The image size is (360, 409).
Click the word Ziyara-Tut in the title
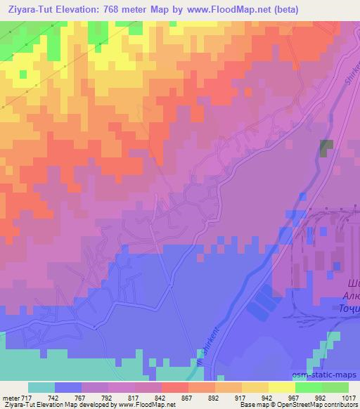28,10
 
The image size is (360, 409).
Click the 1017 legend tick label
345,398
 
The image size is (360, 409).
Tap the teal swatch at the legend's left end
41,387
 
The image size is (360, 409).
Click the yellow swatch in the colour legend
282,387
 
